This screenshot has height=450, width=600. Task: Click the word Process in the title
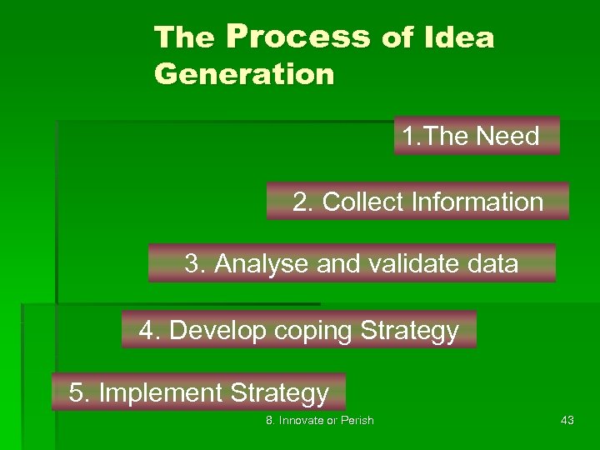(x=297, y=37)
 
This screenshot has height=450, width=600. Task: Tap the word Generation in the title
(x=244, y=75)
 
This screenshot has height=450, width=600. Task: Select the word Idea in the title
(x=459, y=37)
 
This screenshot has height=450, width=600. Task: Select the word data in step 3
(x=493, y=264)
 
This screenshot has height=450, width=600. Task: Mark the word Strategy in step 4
(x=410, y=331)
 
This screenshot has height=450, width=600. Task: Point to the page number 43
(x=567, y=421)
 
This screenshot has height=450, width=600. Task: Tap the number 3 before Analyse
(x=192, y=264)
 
